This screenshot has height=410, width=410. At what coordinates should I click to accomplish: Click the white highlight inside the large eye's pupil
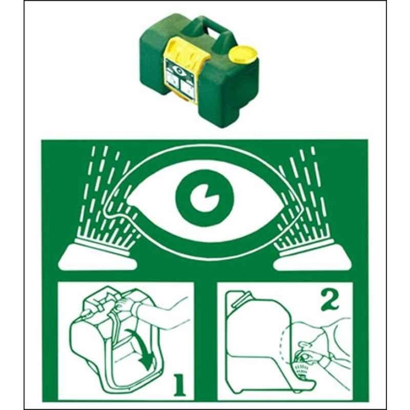coord(202,198)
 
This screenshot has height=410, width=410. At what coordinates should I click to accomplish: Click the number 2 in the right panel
coord(330,301)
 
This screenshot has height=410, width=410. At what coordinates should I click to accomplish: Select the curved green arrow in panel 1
coord(141,348)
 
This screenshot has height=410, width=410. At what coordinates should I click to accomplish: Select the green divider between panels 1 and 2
coord(206,340)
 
